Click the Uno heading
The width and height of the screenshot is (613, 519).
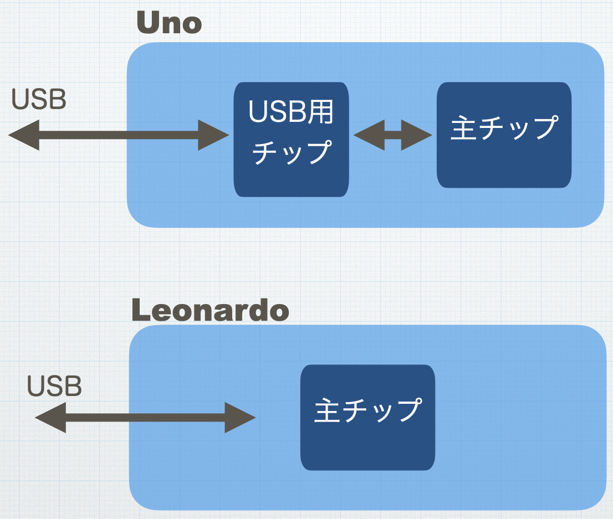click(169, 23)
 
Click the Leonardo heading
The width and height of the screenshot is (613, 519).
click(211, 311)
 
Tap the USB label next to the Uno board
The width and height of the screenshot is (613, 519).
click(39, 100)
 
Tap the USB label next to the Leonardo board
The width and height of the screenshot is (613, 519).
click(54, 386)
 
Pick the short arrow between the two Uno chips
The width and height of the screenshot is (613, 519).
click(392, 135)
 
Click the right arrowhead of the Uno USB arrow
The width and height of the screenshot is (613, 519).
click(214, 135)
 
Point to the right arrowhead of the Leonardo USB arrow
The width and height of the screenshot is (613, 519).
click(240, 417)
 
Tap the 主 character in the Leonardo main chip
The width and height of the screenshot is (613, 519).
click(328, 410)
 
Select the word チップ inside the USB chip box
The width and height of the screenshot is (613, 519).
click(291, 151)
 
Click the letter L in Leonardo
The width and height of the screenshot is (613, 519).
click(142, 311)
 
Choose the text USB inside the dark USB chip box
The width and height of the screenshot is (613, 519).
click(276, 113)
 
